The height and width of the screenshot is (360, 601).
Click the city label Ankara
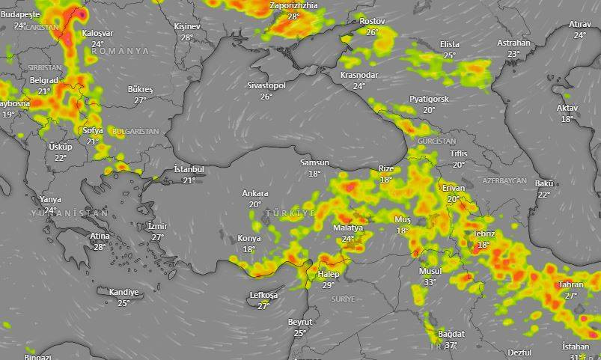[x=254, y=194]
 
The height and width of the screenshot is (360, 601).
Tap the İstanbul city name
[x=189, y=170]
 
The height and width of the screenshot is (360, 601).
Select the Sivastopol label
[x=266, y=86]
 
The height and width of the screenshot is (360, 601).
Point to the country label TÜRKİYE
[x=290, y=214]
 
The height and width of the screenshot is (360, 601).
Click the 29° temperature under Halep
[x=328, y=285]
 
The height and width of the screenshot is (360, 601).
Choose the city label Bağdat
[x=451, y=334]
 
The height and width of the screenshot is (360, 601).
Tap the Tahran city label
[x=570, y=285]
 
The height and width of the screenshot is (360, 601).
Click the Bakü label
[x=544, y=183]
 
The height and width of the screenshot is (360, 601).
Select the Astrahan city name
[x=513, y=43]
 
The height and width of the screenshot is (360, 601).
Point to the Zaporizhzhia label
[x=293, y=5]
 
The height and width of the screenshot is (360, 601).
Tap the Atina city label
[x=100, y=237]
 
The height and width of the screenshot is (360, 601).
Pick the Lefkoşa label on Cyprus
[x=263, y=296]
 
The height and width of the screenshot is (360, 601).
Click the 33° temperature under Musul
[x=430, y=282]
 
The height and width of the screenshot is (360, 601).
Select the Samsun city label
[x=314, y=163]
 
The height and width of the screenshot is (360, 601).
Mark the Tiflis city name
[x=459, y=153]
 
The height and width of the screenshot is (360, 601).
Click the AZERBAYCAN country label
[x=504, y=181]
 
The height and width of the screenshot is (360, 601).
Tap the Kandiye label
[x=123, y=292]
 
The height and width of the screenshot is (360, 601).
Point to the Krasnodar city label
[x=359, y=76]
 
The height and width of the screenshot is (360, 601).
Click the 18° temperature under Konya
[x=249, y=249]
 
